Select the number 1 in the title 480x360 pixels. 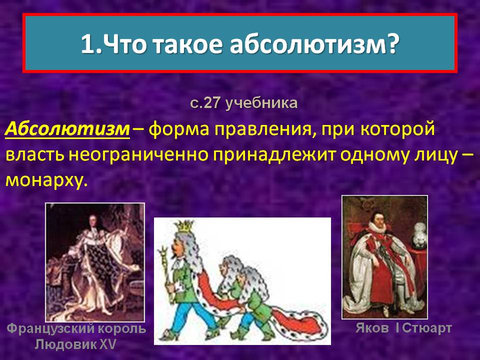click(x=87, y=44)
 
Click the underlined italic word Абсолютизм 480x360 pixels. click(x=67, y=129)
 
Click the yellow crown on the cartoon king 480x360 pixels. click(x=184, y=225)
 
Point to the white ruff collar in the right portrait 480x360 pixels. click(x=377, y=226)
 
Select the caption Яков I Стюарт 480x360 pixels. click(x=403, y=328)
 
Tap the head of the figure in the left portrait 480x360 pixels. click(x=92, y=220)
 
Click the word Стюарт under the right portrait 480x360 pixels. click(x=427, y=328)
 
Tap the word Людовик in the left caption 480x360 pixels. click(x=66, y=344)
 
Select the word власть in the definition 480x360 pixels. click(x=35, y=155)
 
